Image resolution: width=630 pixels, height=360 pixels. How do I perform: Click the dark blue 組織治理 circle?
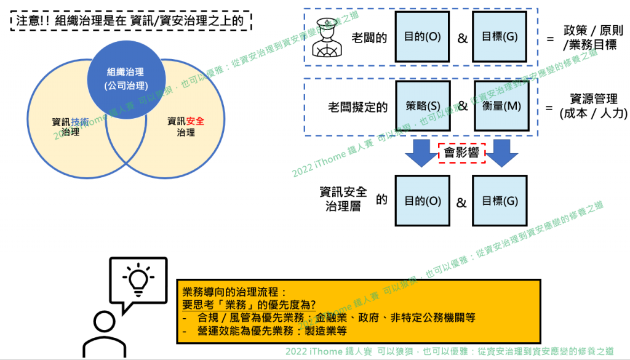(127, 78)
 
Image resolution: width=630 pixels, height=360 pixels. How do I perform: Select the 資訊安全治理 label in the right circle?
(186, 126)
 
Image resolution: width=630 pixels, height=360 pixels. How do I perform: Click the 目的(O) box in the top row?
(423, 36)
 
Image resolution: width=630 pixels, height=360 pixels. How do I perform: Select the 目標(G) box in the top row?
(500, 36)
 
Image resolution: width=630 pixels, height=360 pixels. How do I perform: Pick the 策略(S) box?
(423, 106)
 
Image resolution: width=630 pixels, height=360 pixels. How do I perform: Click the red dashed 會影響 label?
(461, 152)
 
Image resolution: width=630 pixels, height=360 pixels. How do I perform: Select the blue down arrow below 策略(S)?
(423, 152)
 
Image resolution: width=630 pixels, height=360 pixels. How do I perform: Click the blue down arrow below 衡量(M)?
(500, 152)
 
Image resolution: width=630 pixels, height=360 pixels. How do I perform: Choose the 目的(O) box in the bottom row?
(423, 201)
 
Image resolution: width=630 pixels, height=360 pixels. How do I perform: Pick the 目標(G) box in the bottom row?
(500, 201)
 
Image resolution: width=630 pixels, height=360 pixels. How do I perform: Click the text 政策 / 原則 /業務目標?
(590, 38)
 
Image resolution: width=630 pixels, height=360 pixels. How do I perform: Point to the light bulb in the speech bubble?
(138, 278)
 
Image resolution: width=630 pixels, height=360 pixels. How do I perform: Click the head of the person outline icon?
(104, 319)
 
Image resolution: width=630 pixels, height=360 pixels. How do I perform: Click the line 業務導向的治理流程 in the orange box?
(235, 292)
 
